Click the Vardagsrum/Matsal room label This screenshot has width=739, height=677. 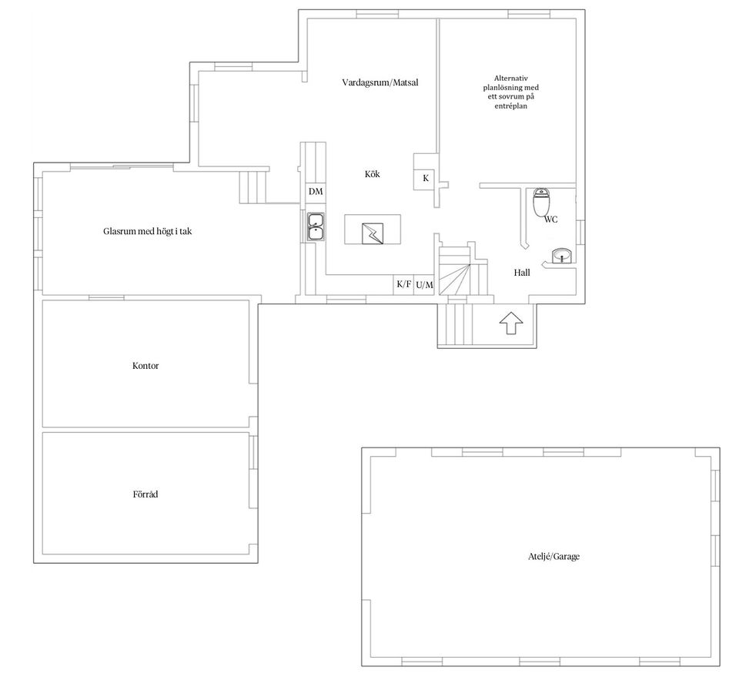coord(380,82)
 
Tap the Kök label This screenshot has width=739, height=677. coord(372,174)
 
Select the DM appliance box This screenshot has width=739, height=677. coord(316,191)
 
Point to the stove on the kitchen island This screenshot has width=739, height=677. coord(373,231)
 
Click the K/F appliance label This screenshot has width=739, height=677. coord(403,284)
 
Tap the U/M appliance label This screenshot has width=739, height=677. coord(424,285)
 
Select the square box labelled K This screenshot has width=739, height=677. coord(426,178)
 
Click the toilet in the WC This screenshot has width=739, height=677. coord(542,203)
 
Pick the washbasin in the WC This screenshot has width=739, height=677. coord(562,256)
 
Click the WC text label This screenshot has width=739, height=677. coord(550,220)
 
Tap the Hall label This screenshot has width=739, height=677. coord(522,273)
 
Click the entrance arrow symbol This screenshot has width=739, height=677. coord(510,323)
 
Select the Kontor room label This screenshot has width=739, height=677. coord(145,366)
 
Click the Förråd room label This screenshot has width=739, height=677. coord(145,494)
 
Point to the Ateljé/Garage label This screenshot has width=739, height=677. coord(548,556)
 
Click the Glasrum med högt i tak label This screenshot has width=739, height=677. coord(148,231)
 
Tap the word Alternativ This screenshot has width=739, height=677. coord(511,78)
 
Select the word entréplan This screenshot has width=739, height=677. coord(511,106)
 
